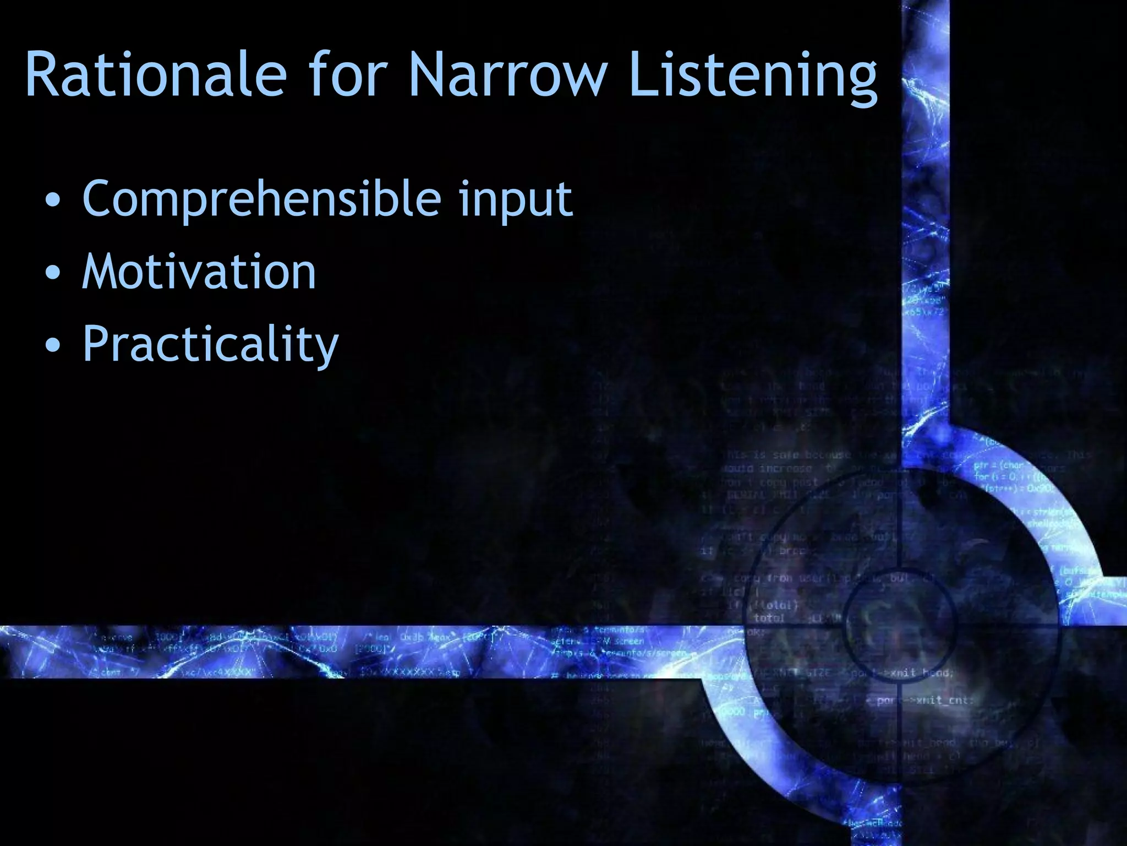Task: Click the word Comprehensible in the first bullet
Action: click(261, 199)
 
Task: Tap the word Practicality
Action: click(210, 344)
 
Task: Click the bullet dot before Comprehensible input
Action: click(53, 200)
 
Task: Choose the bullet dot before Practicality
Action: click(53, 345)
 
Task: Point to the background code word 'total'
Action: click(769, 618)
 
